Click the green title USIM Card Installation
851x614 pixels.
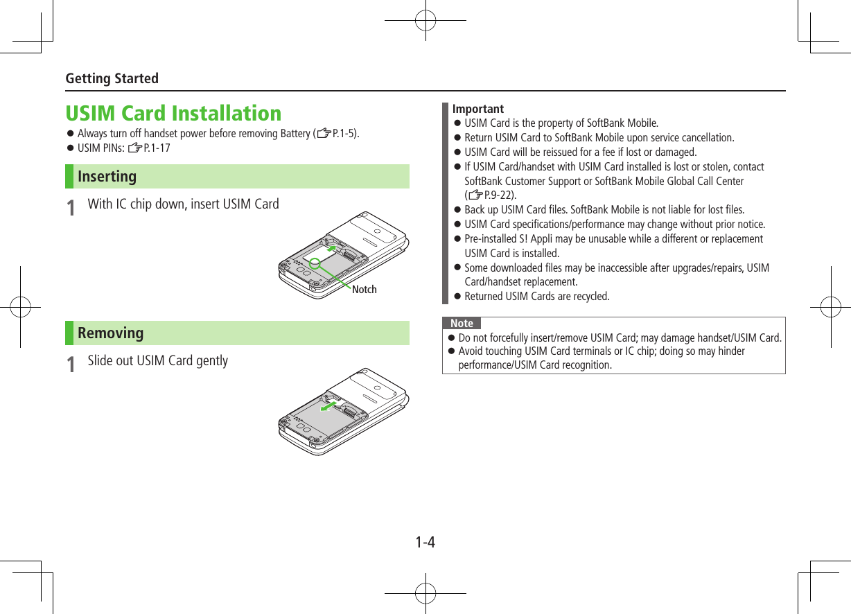[173, 113]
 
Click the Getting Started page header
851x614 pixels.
[112, 78]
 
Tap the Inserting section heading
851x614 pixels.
[107, 176]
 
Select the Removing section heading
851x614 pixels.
[110, 333]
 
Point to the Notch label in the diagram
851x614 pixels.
[364, 290]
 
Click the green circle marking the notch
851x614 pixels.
[315, 263]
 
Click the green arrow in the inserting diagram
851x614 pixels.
[333, 247]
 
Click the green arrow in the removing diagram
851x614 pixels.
[330, 405]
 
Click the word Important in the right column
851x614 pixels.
[477, 109]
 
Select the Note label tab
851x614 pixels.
[462, 324]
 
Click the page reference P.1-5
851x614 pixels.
[344, 134]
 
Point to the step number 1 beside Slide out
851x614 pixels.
[70, 364]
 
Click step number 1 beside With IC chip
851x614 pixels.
[70, 207]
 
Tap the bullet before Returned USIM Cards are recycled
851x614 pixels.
[457, 297]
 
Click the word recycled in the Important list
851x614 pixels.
[590, 297]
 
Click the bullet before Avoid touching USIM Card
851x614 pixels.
[451, 351]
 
